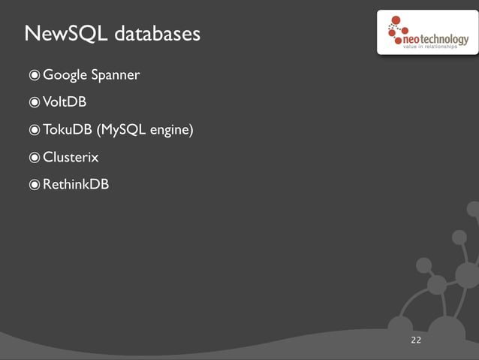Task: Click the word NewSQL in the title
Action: [59, 34]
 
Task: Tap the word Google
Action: [65, 75]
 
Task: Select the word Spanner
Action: [115, 75]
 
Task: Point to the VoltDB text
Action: [65, 102]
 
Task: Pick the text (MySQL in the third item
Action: [121, 130]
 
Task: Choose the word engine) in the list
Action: [172, 131]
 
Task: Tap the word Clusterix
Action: [71, 157]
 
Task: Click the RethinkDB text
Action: [76, 184]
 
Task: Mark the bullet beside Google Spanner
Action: [35, 75]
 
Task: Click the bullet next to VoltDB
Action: [35, 103]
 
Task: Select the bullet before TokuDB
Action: [35, 130]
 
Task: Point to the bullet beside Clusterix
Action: [35, 157]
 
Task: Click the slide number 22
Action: [416, 341]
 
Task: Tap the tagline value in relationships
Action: [436, 47]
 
